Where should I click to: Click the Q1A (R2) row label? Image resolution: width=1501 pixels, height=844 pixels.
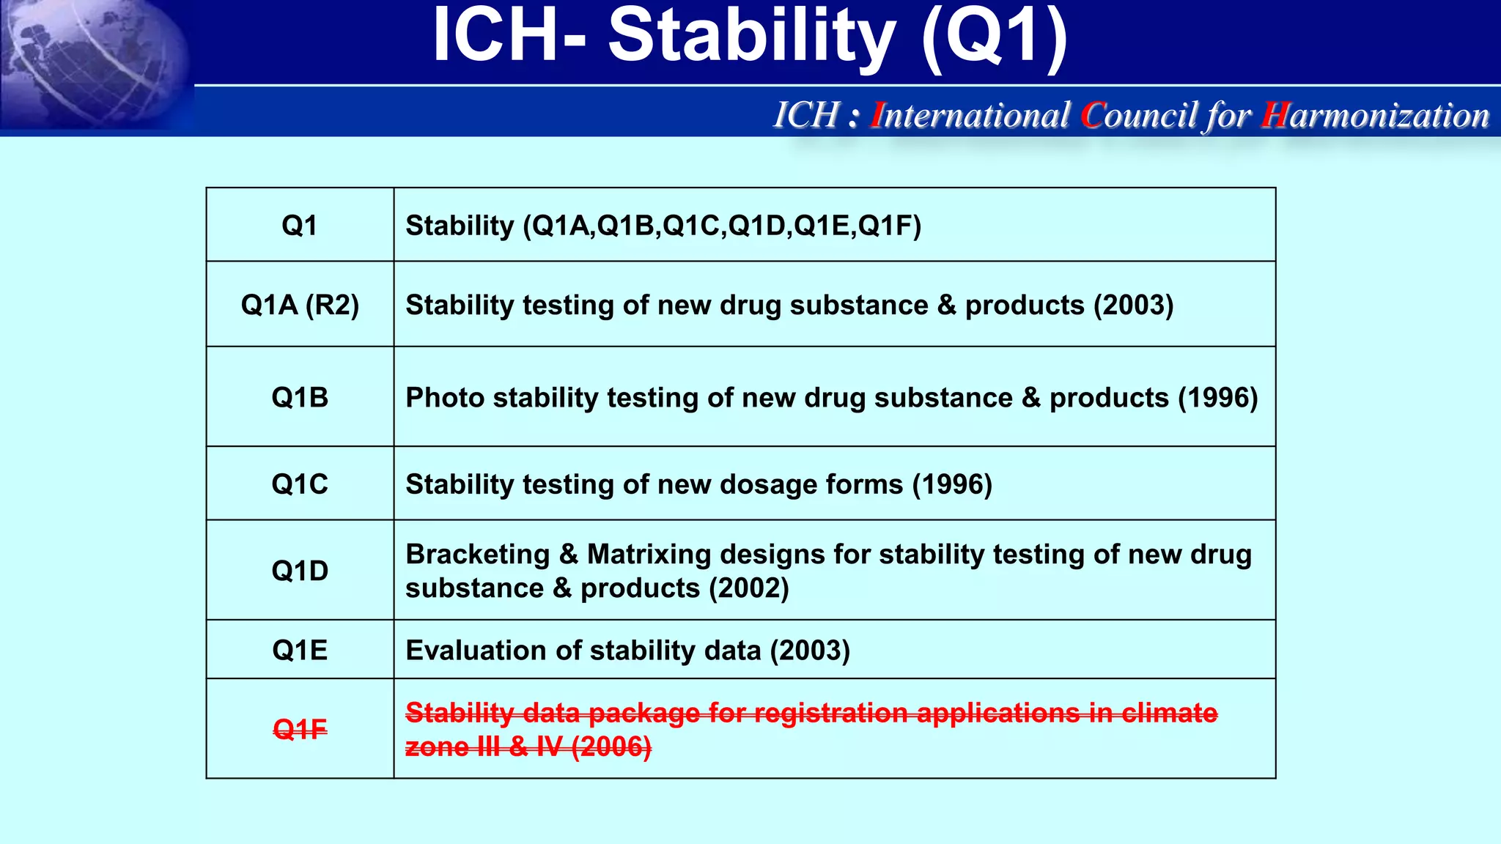(x=300, y=305)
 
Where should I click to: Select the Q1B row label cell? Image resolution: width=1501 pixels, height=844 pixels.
(x=300, y=398)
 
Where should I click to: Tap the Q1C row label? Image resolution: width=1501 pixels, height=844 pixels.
(x=300, y=484)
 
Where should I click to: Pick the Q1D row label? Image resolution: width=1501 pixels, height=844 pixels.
(x=300, y=571)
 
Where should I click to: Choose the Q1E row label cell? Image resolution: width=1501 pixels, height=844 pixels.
(x=300, y=651)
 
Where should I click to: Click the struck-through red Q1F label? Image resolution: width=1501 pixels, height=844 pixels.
(x=300, y=730)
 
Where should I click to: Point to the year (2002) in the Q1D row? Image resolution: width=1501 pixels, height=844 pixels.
(x=748, y=588)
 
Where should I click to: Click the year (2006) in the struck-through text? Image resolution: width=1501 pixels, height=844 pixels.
(x=611, y=747)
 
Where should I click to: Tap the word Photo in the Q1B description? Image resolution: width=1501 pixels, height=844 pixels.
(x=445, y=398)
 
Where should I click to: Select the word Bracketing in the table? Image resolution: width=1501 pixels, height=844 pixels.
(x=477, y=555)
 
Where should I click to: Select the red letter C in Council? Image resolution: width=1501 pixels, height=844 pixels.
(x=1093, y=116)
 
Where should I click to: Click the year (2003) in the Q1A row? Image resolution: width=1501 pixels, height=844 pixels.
(x=1133, y=305)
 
